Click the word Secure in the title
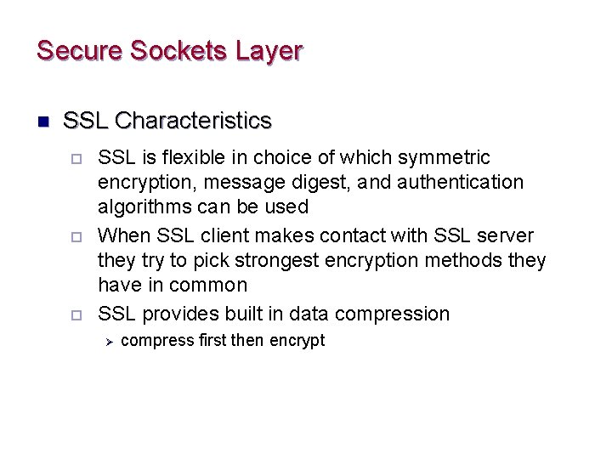pos(80,50)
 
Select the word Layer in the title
pos(268,50)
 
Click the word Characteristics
pos(193,121)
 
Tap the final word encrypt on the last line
pos(297,341)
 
